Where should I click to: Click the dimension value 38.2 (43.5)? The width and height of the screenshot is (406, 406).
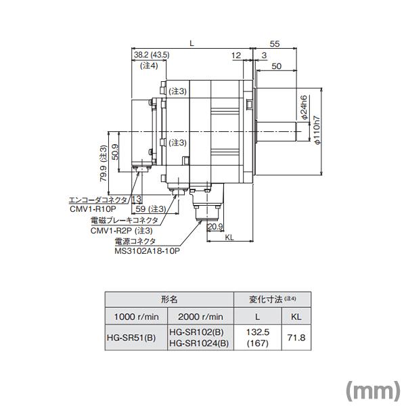coord(151,54)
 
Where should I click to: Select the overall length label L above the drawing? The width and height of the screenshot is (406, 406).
coord(192,43)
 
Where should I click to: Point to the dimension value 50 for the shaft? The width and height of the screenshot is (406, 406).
coord(277,66)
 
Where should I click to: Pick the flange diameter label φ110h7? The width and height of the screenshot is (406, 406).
coord(316,129)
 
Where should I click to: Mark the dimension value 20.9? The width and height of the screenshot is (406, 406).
coord(215,226)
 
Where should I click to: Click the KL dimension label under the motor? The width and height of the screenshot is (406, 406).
coord(229,238)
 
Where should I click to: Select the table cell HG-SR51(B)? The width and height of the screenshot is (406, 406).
coord(132,337)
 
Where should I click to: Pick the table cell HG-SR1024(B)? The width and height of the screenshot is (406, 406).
coord(199,343)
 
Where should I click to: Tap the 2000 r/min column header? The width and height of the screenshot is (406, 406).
coord(199,316)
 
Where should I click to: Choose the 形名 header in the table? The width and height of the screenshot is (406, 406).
coord(168,298)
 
